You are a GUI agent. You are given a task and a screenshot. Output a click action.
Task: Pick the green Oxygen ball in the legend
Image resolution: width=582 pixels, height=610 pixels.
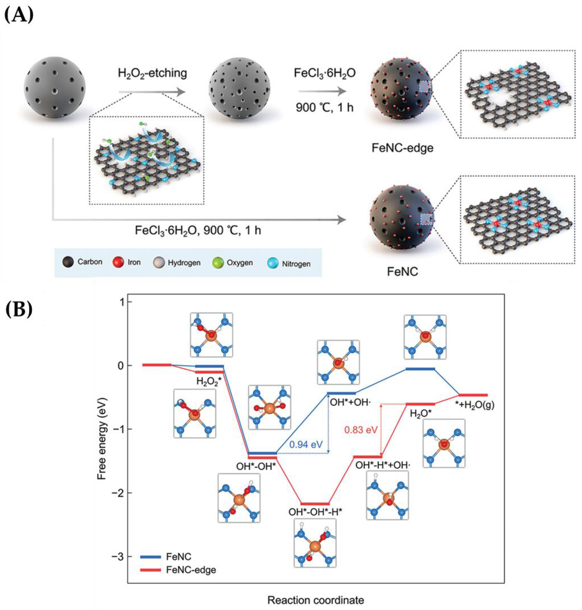tap(218, 263)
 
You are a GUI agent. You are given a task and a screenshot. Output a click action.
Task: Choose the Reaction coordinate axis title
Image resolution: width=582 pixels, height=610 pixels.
tap(315, 591)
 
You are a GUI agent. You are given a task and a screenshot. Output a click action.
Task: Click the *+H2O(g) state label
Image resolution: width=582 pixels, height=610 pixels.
tap(477, 405)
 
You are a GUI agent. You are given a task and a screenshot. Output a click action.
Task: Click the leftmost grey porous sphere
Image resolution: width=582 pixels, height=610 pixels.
tap(55, 87)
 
